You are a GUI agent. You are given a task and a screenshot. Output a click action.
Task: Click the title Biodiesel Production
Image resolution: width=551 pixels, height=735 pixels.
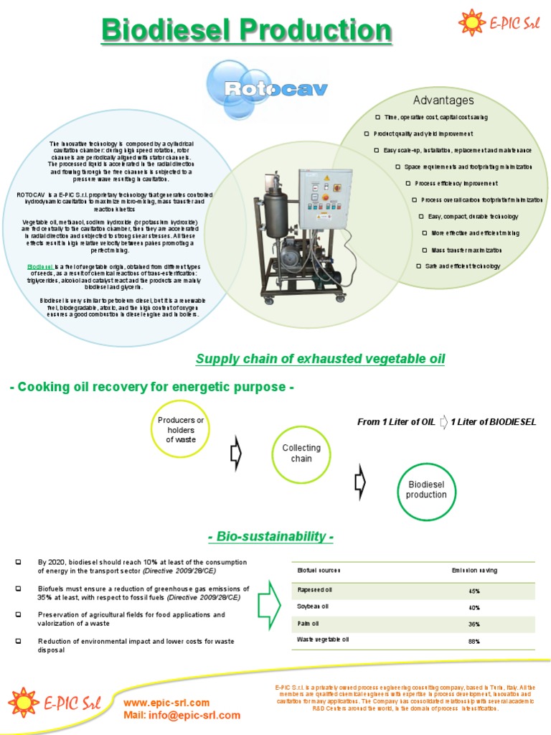pos(247,31)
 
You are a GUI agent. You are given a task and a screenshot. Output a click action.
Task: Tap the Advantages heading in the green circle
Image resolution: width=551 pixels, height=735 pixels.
pos(443,100)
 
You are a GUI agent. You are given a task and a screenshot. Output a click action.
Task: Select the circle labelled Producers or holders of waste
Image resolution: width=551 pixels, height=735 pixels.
pos(181,429)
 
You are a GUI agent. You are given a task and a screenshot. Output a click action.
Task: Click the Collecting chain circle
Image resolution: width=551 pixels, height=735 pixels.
pos(301,453)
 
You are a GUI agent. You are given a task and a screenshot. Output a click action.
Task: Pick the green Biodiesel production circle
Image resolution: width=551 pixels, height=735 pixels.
pos(426,490)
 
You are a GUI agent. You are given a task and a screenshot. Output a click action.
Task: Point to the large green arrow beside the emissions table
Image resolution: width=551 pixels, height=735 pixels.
pos(269,603)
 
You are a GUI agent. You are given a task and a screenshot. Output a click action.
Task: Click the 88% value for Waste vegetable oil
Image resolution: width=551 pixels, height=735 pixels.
pos(474,641)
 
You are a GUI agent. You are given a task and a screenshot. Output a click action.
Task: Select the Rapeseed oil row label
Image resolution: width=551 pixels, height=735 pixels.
pos(315,590)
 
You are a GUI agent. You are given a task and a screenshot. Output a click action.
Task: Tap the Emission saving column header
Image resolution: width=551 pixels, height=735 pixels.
pos(474,571)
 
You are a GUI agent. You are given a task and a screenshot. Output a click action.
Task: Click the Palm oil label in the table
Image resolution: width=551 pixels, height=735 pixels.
pos(309,623)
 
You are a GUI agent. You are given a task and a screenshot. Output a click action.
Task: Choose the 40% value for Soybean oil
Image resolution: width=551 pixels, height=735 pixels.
pos(474,607)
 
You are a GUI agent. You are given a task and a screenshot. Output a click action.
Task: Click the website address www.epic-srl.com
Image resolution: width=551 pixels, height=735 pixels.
pos(166,703)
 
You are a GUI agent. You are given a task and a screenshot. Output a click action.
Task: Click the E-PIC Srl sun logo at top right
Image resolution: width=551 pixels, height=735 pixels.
pos(471,22)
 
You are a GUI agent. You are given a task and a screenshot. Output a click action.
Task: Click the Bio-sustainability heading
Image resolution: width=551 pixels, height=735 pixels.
pos(270,537)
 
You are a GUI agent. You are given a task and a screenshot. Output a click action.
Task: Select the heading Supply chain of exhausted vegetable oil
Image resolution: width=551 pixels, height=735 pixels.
pos(320,359)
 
